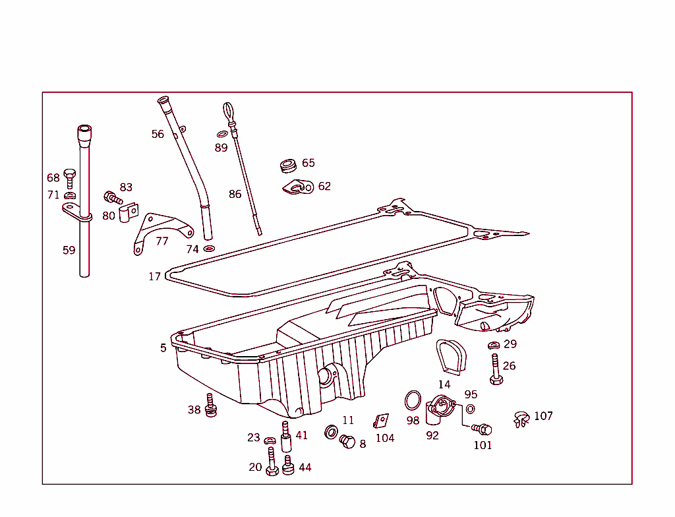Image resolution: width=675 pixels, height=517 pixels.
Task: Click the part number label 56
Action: pyautogui.click(x=158, y=134)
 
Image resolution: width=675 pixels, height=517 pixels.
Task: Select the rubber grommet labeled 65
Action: pyautogui.click(x=287, y=165)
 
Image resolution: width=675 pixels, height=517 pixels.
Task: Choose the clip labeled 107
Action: pyautogui.click(x=521, y=419)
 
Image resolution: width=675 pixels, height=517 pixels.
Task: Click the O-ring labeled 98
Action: pyautogui.click(x=413, y=400)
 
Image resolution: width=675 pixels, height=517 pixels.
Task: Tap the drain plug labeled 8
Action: pyautogui.click(x=347, y=441)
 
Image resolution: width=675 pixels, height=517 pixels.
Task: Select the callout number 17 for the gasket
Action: pyautogui.click(x=154, y=276)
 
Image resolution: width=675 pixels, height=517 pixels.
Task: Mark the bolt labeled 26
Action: pyautogui.click(x=496, y=369)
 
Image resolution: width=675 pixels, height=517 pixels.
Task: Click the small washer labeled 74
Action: pyautogui.click(x=209, y=249)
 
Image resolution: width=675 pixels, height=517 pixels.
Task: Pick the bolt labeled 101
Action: pyautogui.click(x=483, y=429)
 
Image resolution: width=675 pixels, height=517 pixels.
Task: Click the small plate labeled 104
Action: pyautogui.click(x=381, y=421)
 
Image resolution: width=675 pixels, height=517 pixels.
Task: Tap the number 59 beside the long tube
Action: pyautogui.click(x=69, y=250)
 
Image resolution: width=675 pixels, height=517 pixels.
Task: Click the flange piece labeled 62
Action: pyautogui.click(x=298, y=188)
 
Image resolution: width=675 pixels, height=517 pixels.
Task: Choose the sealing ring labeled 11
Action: pyautogui.click(x=332, y=433)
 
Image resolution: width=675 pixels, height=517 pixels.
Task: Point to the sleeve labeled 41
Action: pyautogui.click(x=286, y=437)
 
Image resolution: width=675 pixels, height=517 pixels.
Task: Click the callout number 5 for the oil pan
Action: pyautogui.click(x=163, y=348)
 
